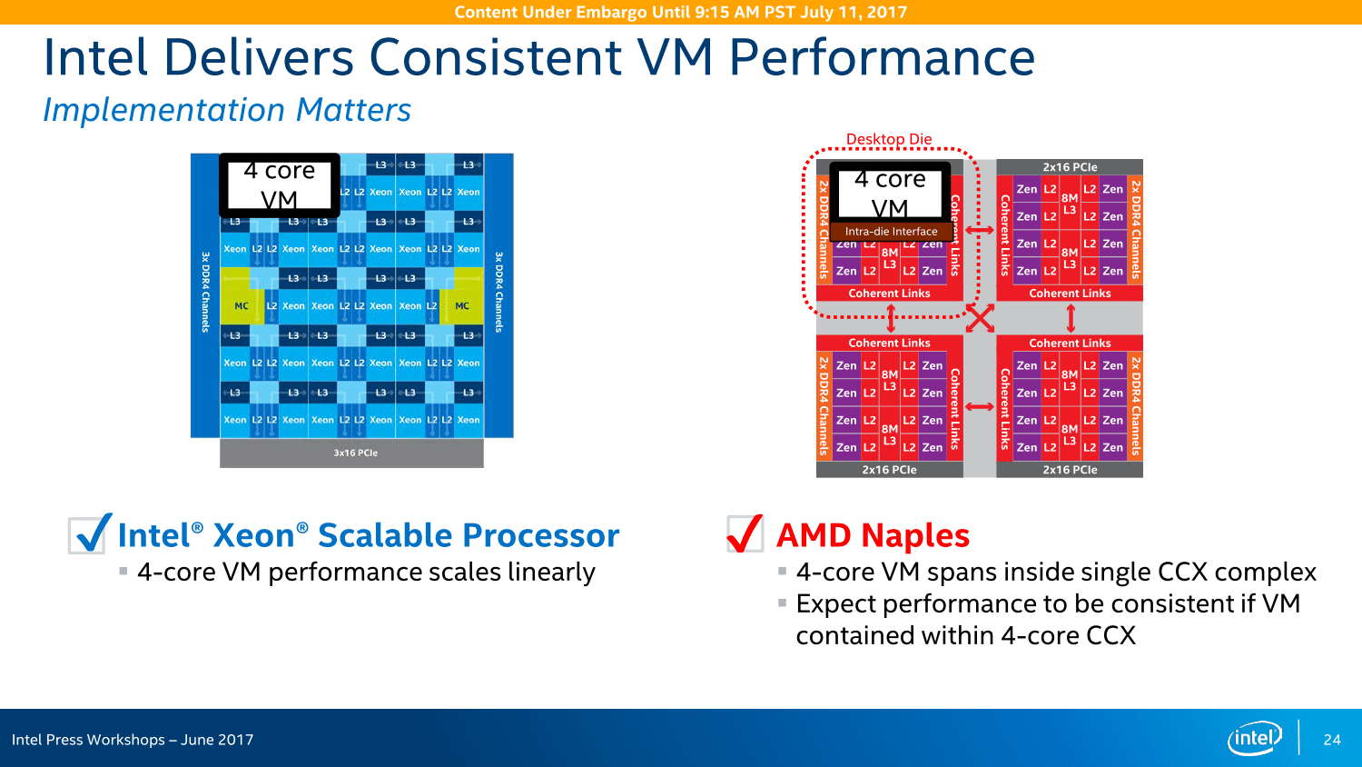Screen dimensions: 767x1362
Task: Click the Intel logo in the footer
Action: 1255,738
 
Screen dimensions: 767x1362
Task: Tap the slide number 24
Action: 1332,740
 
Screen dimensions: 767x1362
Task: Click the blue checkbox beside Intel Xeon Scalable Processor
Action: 90,534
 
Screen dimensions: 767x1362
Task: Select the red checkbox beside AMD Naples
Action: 745,534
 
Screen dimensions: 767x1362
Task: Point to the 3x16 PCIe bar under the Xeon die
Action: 355,453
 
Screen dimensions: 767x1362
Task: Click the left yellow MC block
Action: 241,306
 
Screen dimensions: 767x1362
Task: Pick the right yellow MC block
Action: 462,306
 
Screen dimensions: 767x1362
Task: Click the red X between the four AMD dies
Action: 980,318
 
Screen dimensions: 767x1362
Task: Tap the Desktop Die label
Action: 889,139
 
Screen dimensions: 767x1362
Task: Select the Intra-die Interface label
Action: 891,232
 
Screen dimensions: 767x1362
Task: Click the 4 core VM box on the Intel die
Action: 280,184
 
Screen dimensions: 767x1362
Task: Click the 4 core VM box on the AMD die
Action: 890,193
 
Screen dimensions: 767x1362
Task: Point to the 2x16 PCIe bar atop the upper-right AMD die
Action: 1070,167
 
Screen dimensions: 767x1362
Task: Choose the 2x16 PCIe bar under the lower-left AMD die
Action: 889,470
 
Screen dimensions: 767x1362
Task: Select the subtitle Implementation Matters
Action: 227,110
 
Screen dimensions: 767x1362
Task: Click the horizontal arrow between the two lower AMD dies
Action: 980,406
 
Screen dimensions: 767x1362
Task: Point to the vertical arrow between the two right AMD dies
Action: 1071,318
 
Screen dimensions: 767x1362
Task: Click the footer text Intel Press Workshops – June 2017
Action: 133,740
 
